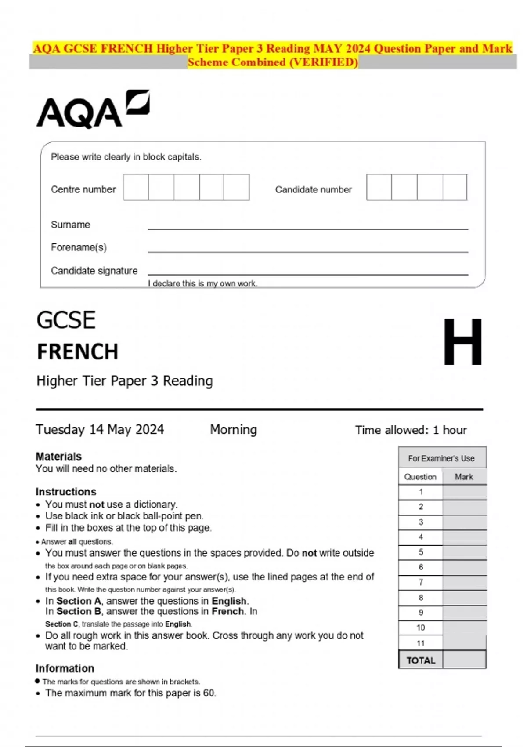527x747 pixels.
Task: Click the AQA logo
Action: [x=93, y=110]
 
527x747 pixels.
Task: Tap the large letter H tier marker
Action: [x=462, y=342]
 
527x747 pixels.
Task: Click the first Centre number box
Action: [x=136, y=188]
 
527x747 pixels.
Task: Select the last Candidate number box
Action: [x=455, y=188]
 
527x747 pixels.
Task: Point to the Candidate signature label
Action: [x=94, y=271]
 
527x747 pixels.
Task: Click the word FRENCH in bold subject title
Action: [x=78, y=352]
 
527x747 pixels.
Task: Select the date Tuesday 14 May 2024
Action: [x=100, y=429]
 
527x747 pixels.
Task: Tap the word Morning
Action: [x=233, y=429]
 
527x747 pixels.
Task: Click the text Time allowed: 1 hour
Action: [x=411, y=430]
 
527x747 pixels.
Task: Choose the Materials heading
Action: [x=58, y=456]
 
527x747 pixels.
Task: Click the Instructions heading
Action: [x=66, y=492]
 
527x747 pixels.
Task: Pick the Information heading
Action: [x=65, y=668]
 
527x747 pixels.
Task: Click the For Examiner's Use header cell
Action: [x=441, y=458]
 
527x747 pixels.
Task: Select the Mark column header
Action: [x=464, y=477]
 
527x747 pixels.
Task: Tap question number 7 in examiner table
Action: [x=421, y=583]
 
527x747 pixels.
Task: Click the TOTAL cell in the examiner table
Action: [x=421, y=660]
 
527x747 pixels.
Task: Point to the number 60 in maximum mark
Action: [x=209, y=693]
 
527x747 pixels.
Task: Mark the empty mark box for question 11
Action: [x=464, y=643]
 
